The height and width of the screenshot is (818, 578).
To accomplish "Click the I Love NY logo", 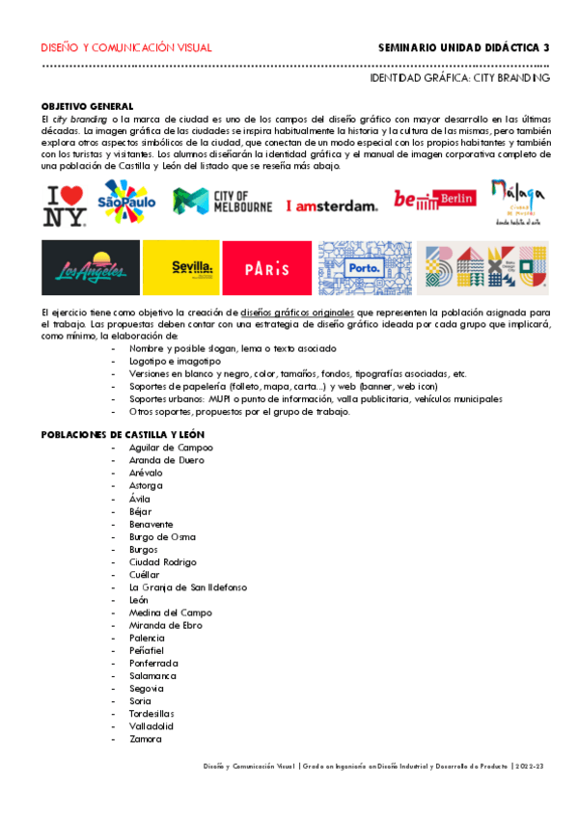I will click(x=65, y=204).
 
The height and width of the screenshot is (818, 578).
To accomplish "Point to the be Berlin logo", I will click(x=434, y=199).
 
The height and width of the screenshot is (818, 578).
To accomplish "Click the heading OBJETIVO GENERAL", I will click(x=87, y=106).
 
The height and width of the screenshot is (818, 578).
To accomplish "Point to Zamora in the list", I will click(x=146, y=739).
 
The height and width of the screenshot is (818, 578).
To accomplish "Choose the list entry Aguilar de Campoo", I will click(x=171, y=448).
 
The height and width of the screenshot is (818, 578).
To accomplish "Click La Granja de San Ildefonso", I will click(x=187, y=587).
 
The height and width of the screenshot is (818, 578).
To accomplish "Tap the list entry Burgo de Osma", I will click(x=162, y=536).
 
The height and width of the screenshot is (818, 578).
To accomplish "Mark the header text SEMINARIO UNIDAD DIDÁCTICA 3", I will click(x=463, y=47).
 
